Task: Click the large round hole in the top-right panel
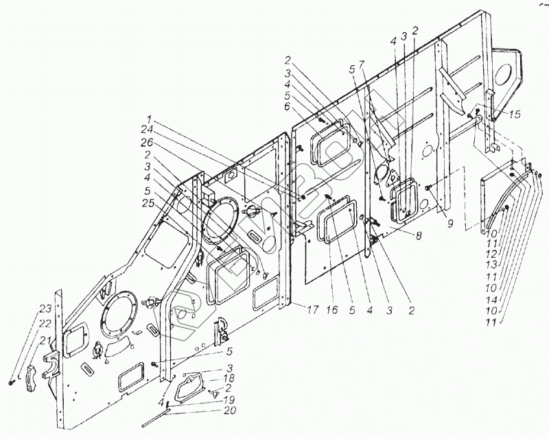coord(509,72)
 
